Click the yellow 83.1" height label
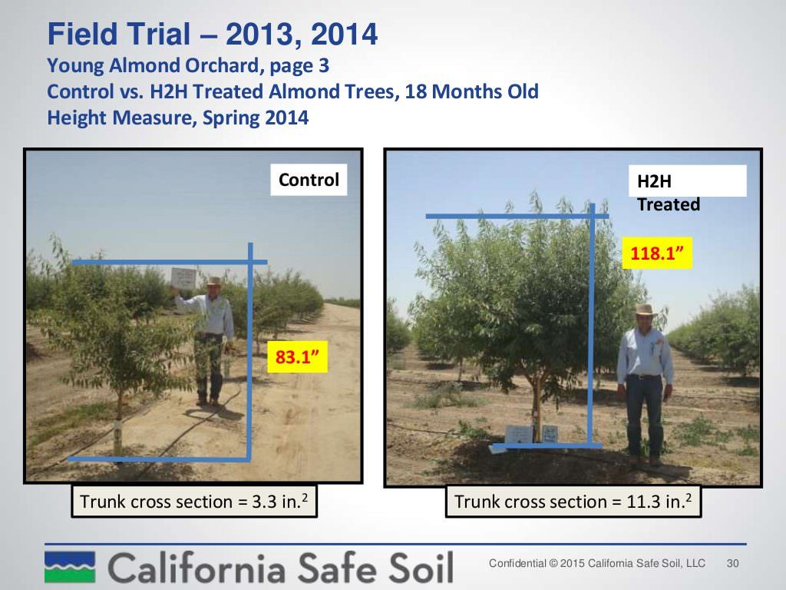pyautogui.click(x=297, y=356)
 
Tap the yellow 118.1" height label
pyautogui.click(x=657, y=253)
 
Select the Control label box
pyautogui.click(x=309, y=180)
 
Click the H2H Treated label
pyautogui.click(x=669, y=193)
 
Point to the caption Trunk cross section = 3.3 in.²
pyautogui.click(x=194, y=501)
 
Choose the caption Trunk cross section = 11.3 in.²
pyautogui.click(x=573, y=501)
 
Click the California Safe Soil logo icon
pyautogui.click(x=70, y=567)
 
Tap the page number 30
pyautogui.click(x=732, y=563)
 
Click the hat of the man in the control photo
pyautogui.click(x=215, y=281)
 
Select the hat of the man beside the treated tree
pyautogui.click(x=645, y=310)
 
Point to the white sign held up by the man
pyautogui.click(x=183, y=277)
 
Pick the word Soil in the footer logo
pyautogui.click(x=421, y=568)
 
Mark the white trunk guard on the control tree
pyautogui.click(x=117, y=436)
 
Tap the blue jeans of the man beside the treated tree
pyautogui.click(x=644, y=413)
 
